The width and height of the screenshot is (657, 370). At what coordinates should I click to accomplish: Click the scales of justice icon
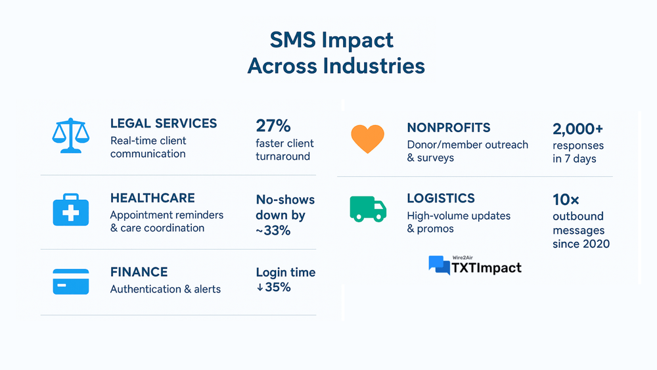(71, 135)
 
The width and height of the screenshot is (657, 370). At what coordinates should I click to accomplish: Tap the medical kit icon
(71, 210)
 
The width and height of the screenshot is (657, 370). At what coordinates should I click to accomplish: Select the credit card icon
(71, 281)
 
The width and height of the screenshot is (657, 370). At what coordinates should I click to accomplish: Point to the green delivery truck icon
(368, 209)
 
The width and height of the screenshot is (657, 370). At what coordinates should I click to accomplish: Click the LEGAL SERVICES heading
(164, 123)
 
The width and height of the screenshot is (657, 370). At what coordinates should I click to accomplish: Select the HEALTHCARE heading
(152, 198)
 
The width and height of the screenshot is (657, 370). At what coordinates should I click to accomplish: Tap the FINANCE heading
(139, 272)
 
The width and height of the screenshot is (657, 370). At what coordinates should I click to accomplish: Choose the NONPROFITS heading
(448, 127)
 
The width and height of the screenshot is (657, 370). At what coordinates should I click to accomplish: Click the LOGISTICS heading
(441, 198)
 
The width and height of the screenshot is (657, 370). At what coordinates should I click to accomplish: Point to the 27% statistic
(273, 126)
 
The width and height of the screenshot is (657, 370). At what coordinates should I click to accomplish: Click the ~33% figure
(273, 231)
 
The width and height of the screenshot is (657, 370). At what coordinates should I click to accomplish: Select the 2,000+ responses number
(578, 129)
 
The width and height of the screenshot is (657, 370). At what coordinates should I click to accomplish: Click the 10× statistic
(566, 200)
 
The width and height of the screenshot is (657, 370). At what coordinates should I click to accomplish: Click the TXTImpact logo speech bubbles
(439, 266)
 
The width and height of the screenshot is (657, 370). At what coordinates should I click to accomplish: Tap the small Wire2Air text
(463, 258)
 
